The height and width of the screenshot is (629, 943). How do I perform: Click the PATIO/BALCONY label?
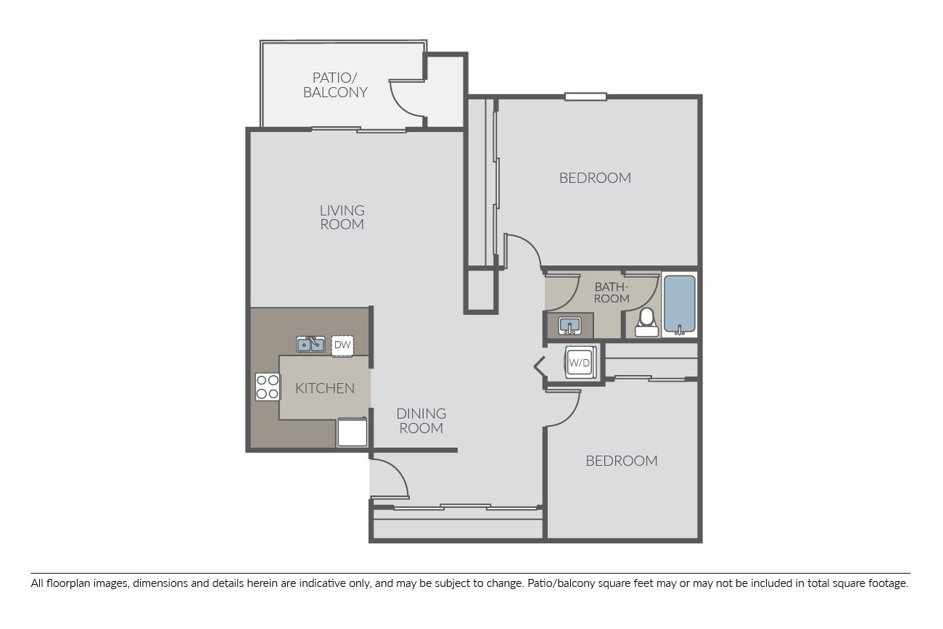[335, 85]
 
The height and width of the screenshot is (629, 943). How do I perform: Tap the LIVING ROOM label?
[342, 217]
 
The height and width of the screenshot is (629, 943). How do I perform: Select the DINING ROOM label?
[421, 421]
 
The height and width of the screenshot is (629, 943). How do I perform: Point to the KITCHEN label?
[324, 387]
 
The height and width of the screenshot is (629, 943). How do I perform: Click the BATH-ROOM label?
[611, 292]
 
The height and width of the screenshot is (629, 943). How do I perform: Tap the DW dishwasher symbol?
[342, 345]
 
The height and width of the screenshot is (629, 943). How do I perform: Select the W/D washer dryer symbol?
[580, 363]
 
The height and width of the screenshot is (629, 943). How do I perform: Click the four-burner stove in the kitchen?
[268, 387]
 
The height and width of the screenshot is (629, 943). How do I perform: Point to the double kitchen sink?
[310, 344]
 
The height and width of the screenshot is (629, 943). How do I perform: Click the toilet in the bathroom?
[646, 323]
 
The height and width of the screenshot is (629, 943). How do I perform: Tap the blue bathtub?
[680, 305]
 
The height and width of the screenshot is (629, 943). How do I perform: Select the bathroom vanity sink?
[569, 326]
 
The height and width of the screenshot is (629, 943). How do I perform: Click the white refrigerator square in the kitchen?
[352, 432]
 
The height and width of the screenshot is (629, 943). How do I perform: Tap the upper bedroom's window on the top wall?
[585, 96]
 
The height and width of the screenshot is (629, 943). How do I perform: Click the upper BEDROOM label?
[595, 178]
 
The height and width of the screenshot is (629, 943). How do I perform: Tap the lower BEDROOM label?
[622, 461]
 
